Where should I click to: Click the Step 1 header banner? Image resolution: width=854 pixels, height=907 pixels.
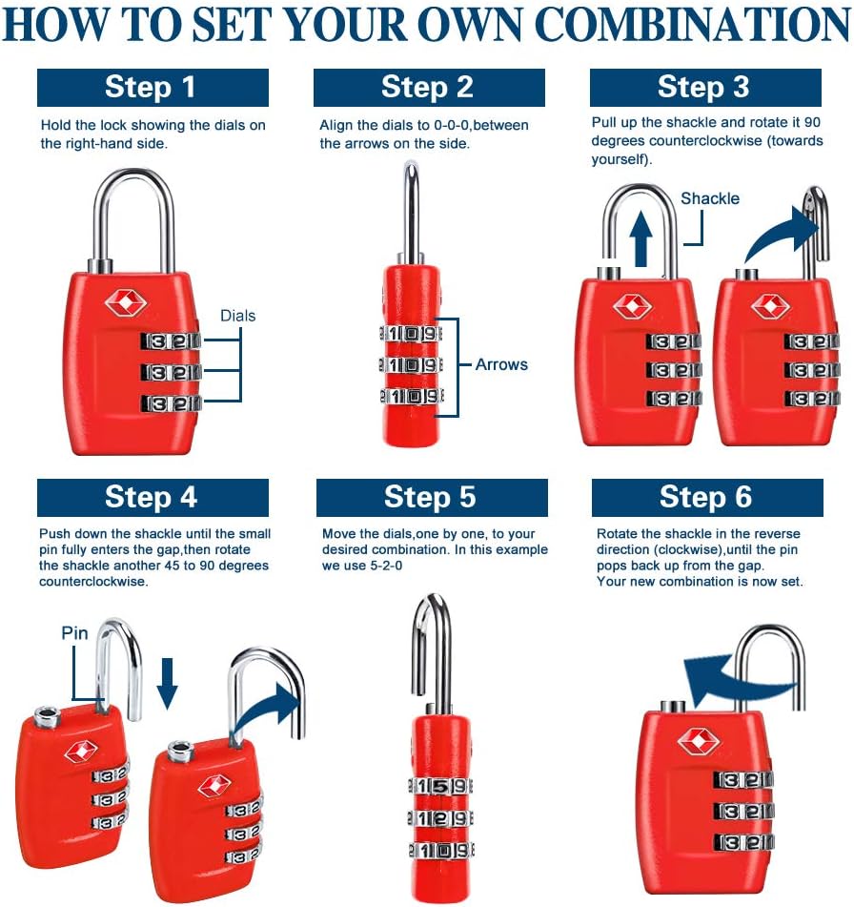(152, 88)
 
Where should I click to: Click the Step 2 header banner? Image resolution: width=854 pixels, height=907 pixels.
(428, 88)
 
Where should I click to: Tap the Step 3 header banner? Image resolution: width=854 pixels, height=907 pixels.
(704, 88)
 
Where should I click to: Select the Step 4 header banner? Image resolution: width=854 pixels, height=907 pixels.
(152, 497)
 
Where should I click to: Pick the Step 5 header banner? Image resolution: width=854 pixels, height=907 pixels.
(431, 497)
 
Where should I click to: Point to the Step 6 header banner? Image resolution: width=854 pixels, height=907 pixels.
(706, 497)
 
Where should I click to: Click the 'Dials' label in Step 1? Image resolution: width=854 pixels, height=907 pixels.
(238, 316)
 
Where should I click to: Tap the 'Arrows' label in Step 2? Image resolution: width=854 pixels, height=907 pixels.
(501, 364)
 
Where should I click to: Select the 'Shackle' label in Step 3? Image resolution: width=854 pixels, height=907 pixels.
(710, 198)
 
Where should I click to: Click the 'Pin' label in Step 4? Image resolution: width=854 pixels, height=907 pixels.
(75, 632)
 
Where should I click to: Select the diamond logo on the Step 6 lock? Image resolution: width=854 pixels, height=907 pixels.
(700, 740)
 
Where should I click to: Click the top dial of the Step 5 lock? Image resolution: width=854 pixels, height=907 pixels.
(439, 787)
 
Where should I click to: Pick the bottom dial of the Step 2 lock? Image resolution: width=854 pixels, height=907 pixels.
(414, 396)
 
